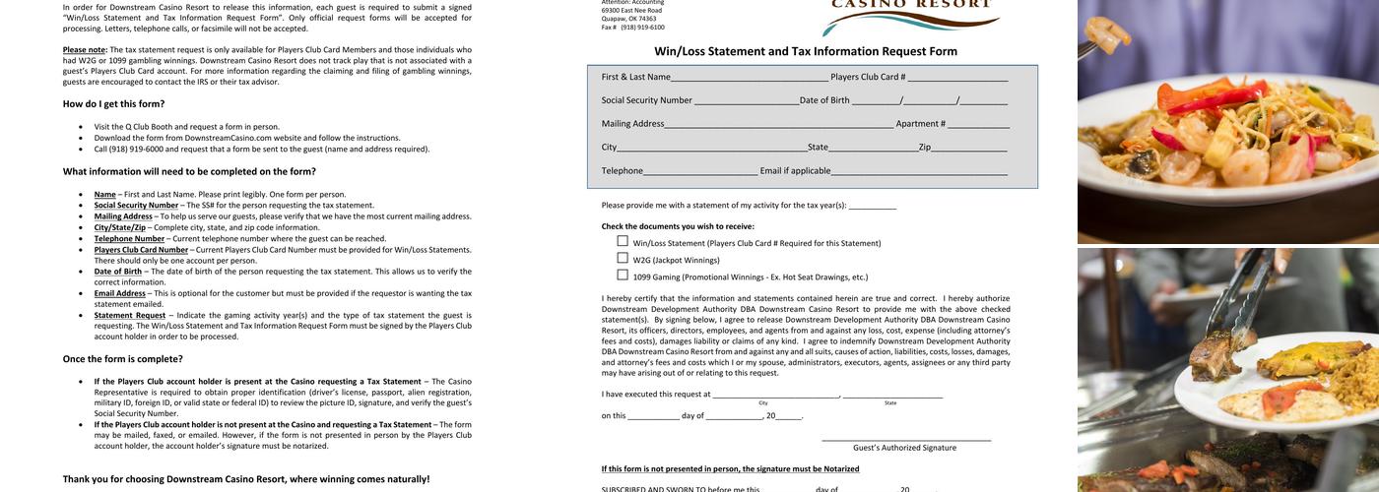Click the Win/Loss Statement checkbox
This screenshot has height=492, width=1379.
pyautogui.click(x=623, y=241)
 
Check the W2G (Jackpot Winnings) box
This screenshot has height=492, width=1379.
pyautogui.click(x=623, y=258)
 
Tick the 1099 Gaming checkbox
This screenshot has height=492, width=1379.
pyautogui.click(x=623, y=275)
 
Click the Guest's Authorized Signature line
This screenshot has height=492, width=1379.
pyautogui.click(x=905, y=440)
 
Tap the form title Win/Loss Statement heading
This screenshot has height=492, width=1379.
pyautogui.click(x=805, y=51)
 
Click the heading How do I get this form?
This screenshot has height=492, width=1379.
pyautogui.click(x=113, y=103)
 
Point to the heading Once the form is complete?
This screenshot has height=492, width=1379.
pyautogui.click(x=122, y=359)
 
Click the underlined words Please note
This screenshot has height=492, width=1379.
pyautogui.click(x=85, y=49)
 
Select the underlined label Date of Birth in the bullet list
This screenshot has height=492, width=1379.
pyautogui.click(x=117, y=272)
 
